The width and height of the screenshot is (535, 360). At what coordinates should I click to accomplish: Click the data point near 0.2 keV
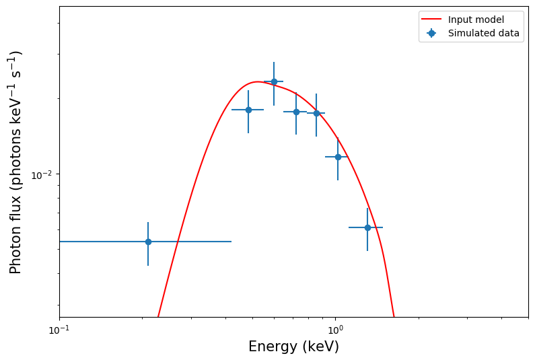(148, 242)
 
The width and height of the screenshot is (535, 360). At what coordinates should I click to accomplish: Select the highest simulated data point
(274, 81)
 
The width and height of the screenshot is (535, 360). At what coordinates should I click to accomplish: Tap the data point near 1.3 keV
(367, 227)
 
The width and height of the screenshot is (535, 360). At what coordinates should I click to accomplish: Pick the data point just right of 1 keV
(338, 157)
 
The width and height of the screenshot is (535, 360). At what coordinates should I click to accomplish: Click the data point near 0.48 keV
(248, 110)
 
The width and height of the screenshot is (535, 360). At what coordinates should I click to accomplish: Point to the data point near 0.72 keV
(296, 112)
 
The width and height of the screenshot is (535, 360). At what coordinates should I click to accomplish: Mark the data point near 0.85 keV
(316, 113)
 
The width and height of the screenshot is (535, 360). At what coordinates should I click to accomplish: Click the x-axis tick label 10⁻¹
(59, 330)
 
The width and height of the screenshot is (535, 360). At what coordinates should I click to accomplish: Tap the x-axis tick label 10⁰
(335, 330)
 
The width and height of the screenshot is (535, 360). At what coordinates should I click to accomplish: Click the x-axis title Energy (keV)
(293, 347)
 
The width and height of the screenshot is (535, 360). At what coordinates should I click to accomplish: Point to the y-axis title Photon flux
(16, 161)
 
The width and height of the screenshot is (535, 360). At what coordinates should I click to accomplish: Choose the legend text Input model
(476, 20)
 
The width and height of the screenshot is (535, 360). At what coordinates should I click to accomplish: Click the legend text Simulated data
(483, 33)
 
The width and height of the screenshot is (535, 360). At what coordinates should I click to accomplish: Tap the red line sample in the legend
(431, 20)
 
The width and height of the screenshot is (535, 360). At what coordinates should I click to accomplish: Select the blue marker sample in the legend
(431, 33)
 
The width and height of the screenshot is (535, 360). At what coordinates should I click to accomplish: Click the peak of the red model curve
(257, 81)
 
